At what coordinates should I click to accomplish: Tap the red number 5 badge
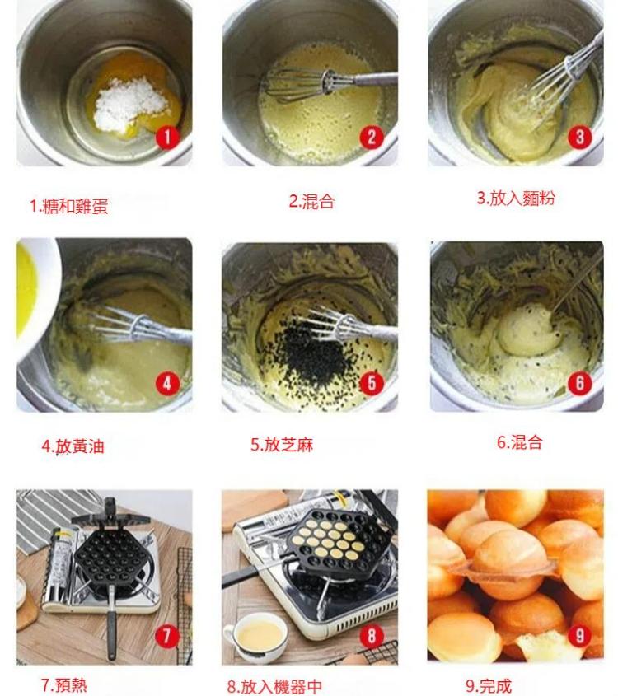372,382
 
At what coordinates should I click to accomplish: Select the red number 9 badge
579,635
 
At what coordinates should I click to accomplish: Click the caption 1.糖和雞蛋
69,206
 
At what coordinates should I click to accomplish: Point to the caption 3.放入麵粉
516,199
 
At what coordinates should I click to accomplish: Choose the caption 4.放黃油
73,446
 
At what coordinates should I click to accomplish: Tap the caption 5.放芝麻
282,445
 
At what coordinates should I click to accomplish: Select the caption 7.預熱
63,684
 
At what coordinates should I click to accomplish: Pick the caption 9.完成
488,685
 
